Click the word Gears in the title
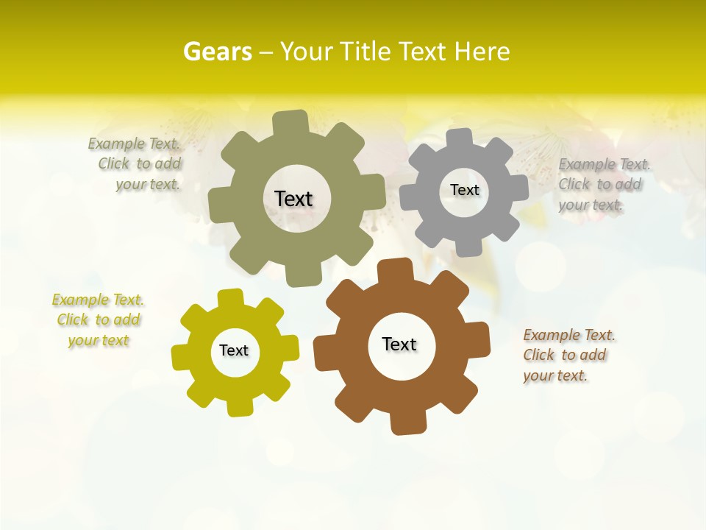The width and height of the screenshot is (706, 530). (x=217, y=52)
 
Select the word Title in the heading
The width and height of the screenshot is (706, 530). (x=368, y=52)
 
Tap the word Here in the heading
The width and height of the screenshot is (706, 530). (x=482, y=52)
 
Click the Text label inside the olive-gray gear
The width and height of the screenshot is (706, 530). (x=293, y=199)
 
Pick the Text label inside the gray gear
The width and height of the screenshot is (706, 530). (x=464, y=190)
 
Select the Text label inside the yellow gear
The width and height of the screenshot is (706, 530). (x=234, y=350)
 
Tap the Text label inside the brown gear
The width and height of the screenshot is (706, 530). (x=399, y=344)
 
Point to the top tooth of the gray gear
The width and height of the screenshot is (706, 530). (x=459, y=138)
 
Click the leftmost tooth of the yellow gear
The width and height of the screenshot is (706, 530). (x=182, y=356)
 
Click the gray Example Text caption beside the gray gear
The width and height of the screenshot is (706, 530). (x=603, y=185)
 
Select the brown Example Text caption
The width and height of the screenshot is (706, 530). (x=568, y=356)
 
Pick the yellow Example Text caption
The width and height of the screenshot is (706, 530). (x=98, y=320)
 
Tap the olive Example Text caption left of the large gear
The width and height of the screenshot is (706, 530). (x=135, y=164)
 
